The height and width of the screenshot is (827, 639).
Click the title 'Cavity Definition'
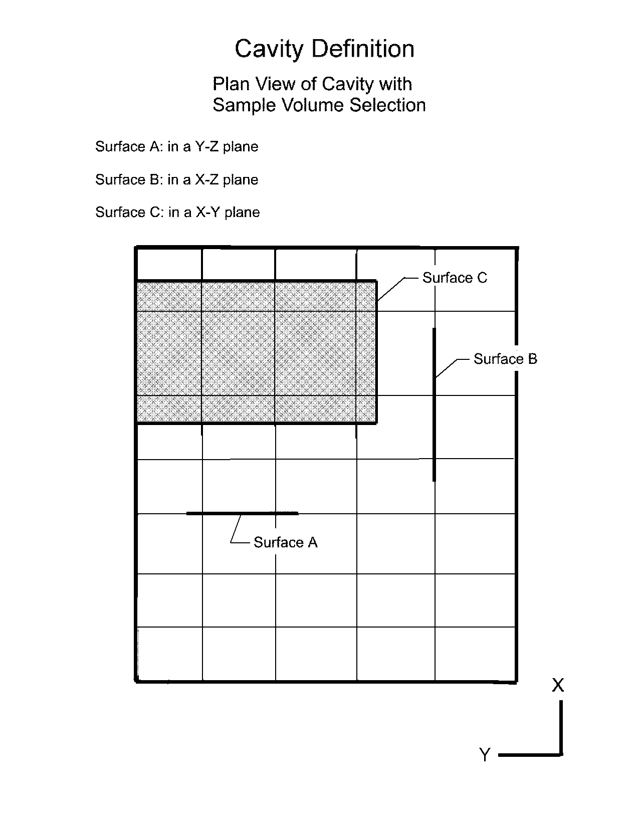[324, 49]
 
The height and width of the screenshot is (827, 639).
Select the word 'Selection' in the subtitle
[387, 105]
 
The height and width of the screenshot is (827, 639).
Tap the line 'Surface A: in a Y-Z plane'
[176, 146]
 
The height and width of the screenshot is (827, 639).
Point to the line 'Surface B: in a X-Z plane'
[176, 179]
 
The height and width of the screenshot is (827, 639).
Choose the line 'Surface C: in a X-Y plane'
[177, 213]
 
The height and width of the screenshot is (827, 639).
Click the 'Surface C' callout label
[455, 278]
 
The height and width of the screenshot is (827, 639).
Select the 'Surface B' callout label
[505, 359]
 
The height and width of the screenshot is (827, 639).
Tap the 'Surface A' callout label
[286, 542]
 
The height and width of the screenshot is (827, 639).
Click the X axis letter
[558, 686]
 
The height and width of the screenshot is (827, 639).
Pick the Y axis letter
[485, 754]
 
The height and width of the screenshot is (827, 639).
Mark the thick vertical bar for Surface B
[434, 404]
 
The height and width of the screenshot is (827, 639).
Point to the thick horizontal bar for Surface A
[243, 513]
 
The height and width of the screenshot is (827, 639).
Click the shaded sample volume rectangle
[257, 352]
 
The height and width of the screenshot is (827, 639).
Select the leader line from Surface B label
[452, 368]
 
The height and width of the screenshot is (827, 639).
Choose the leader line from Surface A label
[239, 529]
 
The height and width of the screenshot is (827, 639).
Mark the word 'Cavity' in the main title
[269, 49]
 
